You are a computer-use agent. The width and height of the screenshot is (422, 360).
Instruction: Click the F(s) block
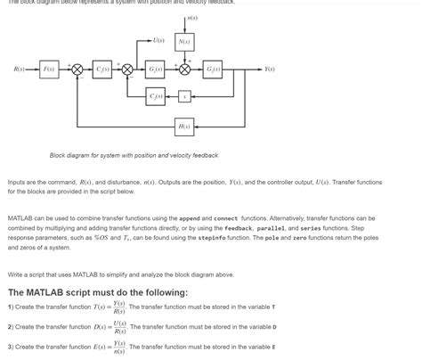tap(49, 69)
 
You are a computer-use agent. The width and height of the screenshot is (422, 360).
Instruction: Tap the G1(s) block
tap(157, 69)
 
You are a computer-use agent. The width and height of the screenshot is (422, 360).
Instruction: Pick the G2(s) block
tap(213, 69)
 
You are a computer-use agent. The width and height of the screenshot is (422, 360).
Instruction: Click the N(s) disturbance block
tap(184, 42)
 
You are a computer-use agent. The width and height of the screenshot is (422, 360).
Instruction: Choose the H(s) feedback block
tap(184, 127)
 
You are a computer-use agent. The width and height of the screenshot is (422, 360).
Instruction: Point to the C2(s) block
tap(157, 95)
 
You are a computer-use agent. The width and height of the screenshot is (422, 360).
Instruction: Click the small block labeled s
tap(184, 95)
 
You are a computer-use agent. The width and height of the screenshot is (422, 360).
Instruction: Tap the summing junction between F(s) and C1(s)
tap(77, 69)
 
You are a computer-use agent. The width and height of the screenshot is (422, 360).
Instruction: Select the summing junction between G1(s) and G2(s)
tap(184, 69)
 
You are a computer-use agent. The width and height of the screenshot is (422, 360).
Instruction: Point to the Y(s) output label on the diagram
tap(268, 69)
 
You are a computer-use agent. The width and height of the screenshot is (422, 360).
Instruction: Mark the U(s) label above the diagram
tap(158, 41)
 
